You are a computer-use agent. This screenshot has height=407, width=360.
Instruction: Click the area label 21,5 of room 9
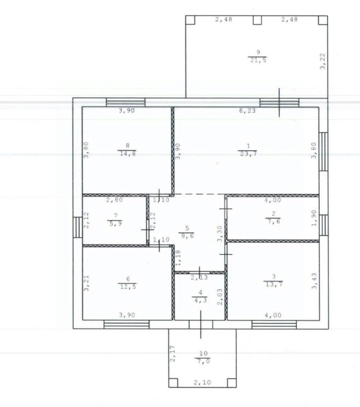258,60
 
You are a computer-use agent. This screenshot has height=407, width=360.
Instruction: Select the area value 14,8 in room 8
127,153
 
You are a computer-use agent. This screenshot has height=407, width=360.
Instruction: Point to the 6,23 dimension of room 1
247,111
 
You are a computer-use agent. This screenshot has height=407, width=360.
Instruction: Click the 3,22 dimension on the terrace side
322,61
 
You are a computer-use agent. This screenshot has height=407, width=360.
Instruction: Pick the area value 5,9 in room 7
116,223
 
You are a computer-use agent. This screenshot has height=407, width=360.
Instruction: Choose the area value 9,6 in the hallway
187,236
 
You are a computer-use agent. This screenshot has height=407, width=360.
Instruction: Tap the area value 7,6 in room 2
274,221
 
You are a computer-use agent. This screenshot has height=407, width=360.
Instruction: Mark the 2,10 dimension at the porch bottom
202,382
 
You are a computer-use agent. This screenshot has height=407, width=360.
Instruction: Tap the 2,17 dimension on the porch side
172,354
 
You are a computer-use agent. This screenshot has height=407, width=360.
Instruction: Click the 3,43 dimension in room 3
314,281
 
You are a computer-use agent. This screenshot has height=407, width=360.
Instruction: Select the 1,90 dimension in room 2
314,218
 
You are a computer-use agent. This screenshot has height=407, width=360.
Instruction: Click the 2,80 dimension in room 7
114,200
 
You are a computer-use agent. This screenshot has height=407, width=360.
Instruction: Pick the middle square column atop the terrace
257,20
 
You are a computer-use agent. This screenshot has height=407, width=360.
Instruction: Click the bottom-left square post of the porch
173,383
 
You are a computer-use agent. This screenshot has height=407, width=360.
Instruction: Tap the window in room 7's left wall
77,227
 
